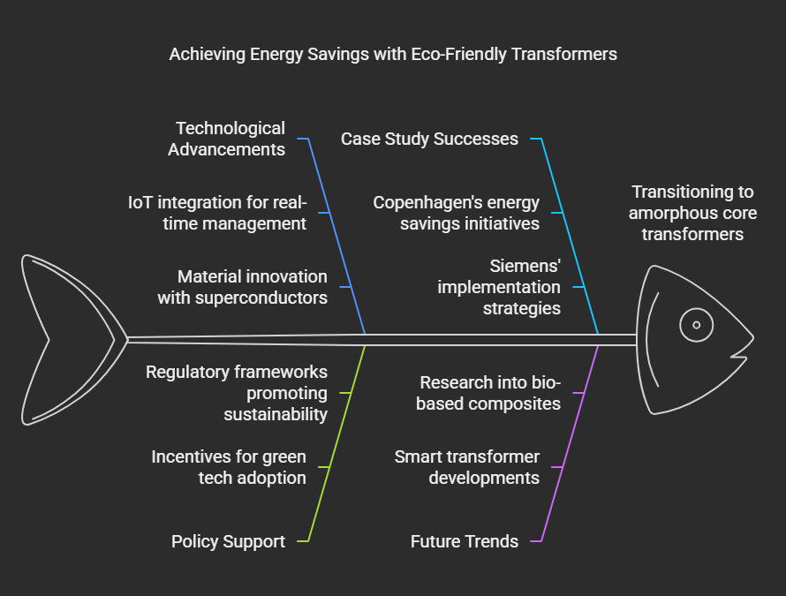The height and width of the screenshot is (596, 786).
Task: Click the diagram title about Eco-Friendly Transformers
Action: pyautogui.click(x=392, y=55)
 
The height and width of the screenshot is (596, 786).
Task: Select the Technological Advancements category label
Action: pyautogui.click(x=227, y=139)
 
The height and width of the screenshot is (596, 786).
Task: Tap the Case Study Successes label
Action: pyautogui.click(x=429, y=139)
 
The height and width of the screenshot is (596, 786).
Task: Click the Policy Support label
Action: pyautogui.click(x=228, y=541)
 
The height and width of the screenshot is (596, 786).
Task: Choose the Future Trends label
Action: pyautogui.click(x=465, y=541)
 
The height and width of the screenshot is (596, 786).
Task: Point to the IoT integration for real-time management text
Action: pyautogui.click(x=217, y=213)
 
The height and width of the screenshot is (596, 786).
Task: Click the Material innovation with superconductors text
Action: pyautogui.click(x=243, y=287)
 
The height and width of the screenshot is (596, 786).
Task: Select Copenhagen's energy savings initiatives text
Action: pyautogui.click(x=456, y=213)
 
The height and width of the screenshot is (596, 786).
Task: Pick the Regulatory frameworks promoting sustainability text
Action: pyautogui.click(x=237, y=393)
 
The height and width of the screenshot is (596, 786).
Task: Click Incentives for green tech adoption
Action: pyautogui.click(x=229, y=467)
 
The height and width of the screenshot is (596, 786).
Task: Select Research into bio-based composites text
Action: pyautogui.click(x=489, y=393)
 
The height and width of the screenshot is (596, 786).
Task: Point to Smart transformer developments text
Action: pyautogui.click(x=466, y=467)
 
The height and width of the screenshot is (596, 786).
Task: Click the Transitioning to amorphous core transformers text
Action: pyautogui.click(x=693, y=213)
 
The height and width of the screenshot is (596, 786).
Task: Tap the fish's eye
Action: pyautogui.click(x=696, y=325)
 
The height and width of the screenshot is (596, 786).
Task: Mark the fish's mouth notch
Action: pyautogui.click(x=738, y=352)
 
